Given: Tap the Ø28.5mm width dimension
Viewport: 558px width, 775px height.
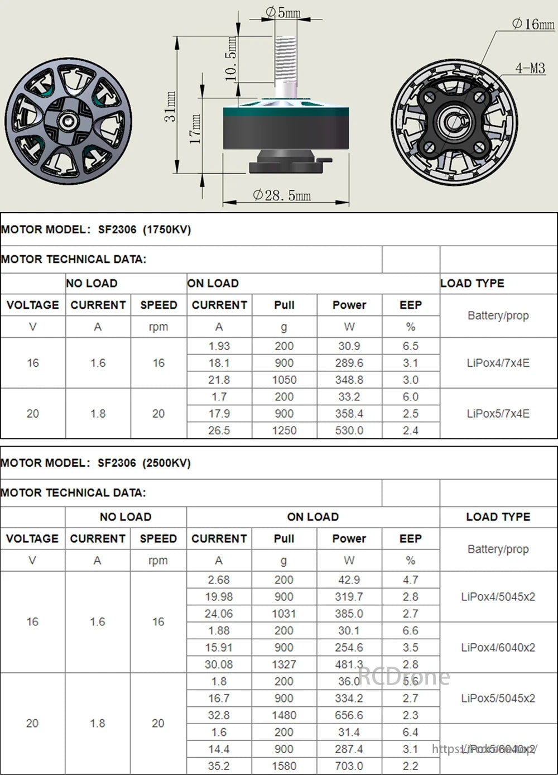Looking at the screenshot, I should point(282,195).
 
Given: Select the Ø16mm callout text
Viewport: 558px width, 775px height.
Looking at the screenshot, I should point(533,24).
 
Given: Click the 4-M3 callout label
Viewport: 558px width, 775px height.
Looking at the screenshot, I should point(530,68).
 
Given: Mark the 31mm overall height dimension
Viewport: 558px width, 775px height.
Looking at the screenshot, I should point(171,106).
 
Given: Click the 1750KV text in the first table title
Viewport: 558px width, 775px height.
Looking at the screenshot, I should point(167,229).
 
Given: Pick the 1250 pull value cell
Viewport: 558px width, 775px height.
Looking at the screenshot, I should point(284,430).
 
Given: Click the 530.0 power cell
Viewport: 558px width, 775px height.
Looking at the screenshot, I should point(349,430).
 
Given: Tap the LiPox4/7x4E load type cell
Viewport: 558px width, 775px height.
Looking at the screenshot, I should point(498,363).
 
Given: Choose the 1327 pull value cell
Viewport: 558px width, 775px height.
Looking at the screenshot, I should point(283,664).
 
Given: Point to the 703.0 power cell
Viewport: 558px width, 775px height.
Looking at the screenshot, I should point(349,766).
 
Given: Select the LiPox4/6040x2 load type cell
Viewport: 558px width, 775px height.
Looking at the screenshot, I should point(498,648).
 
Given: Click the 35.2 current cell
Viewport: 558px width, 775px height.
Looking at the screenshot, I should point(219,766).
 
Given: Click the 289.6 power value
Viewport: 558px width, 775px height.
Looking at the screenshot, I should point(349,363).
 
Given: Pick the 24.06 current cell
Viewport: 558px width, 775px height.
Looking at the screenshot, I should point(219,614).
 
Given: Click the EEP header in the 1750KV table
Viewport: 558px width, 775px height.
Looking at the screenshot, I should point(411,305).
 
